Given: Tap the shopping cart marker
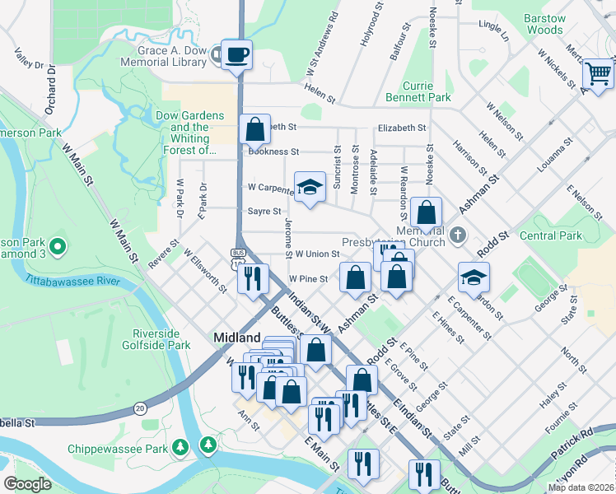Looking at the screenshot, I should tap(599, 74).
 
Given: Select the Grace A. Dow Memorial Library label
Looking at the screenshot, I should tap(165, 56).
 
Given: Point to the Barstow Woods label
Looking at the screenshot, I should tap(545, 24).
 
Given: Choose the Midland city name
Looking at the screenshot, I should tap(236, 338).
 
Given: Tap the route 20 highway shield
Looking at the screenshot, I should tap(141, 408).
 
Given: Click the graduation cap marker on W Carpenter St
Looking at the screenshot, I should tap(310, 189).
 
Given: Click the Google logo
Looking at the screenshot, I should tap(28, 484).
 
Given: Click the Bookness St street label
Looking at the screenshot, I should tap(273, 151).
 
